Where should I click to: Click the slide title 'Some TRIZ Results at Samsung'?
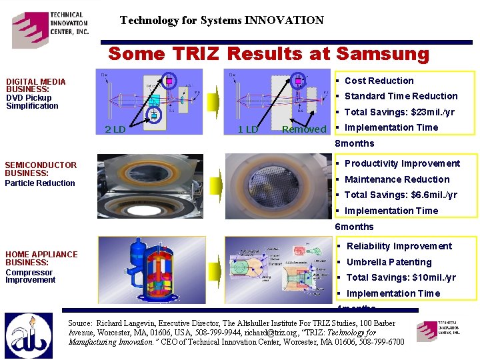point(268,53)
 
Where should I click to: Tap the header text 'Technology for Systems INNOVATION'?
point(221,21)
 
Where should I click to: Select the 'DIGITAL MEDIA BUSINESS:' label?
point(35,85)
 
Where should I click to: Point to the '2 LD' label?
point(115,129)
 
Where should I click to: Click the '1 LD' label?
point(247,129)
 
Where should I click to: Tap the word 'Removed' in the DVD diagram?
point(304,129)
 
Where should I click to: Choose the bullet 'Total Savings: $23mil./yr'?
point(399,112)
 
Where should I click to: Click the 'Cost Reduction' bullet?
point(379,81)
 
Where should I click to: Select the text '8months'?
point(354,143)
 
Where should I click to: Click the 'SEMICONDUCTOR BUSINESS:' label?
point(40,169)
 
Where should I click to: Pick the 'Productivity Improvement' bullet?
point(401,163)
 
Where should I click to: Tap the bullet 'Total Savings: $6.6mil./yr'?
point(400,195)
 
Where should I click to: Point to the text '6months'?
point(354,227)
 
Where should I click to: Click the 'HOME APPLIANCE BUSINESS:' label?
point(41,258)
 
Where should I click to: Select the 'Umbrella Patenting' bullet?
point(389,262)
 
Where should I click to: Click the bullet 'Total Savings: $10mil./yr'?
point(401,277)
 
